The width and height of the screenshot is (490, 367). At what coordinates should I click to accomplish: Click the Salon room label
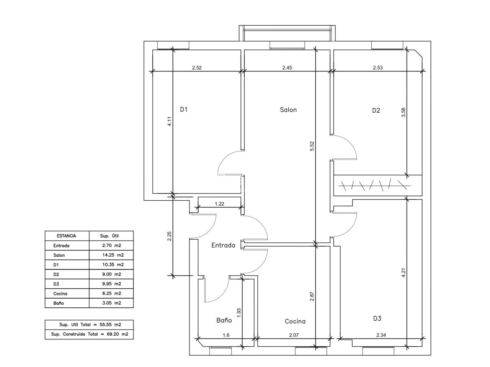pos(288,110)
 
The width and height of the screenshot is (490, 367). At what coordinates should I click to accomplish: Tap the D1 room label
pos(184,109)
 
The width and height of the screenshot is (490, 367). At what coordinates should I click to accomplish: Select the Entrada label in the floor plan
pos(223,245)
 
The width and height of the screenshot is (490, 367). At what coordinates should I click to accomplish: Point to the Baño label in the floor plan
pos(224,320)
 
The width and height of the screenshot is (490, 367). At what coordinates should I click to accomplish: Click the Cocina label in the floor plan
pos(295,322)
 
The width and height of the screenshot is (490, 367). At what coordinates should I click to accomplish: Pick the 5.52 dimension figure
pos(312,146)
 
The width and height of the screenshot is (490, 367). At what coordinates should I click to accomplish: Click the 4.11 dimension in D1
pos(170,122)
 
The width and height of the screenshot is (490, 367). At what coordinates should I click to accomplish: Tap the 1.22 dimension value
pos(219,204)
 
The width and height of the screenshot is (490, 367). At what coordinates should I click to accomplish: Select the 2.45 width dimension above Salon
pos(287,68)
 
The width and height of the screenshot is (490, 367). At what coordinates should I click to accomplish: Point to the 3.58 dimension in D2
pos(403,112)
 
